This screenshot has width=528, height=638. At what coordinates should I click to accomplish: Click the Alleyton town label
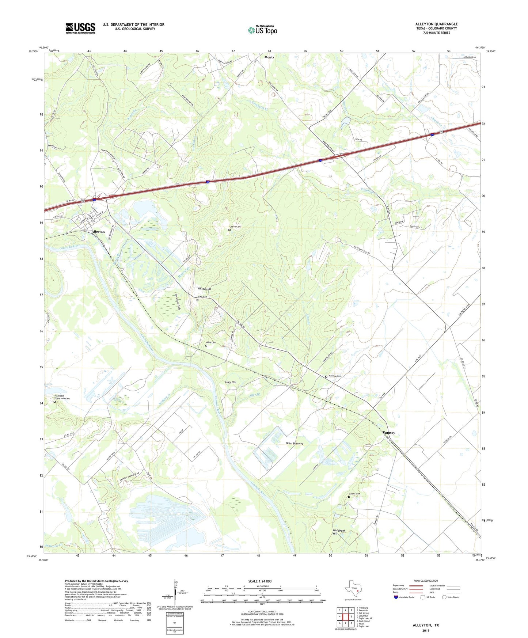98,232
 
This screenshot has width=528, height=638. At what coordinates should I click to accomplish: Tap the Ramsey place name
389,433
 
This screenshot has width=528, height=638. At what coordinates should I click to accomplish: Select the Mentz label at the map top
269,57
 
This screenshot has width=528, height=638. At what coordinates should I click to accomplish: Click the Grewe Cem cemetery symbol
229,230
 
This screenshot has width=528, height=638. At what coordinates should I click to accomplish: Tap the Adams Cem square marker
349,497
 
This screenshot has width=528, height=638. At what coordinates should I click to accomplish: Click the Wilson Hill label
204,289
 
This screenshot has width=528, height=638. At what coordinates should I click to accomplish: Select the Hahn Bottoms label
295,443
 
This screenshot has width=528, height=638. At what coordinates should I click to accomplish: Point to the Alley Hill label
230,382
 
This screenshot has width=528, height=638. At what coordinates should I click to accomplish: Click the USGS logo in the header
80,28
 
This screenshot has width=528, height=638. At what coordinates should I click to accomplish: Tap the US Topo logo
262,30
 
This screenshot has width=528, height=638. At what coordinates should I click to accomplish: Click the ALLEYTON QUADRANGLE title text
436,24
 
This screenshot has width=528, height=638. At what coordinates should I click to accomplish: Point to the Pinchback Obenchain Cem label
62,397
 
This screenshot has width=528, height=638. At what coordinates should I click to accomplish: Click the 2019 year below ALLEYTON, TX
426,630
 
